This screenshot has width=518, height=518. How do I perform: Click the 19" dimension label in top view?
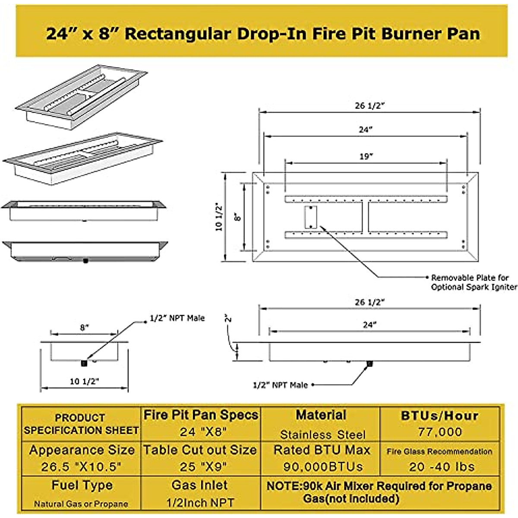366,157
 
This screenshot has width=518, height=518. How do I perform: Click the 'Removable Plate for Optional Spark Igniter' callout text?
474,282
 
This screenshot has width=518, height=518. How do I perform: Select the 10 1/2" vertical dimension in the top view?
220,217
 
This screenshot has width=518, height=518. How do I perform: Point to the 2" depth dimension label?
228,318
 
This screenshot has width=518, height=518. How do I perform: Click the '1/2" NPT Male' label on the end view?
177,319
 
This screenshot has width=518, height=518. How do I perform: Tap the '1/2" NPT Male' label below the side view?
280,385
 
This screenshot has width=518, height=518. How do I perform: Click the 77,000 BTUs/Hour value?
440,432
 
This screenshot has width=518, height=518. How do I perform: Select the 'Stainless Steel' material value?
322,434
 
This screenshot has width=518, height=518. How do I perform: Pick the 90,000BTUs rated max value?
323,467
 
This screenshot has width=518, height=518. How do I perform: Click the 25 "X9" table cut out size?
200,467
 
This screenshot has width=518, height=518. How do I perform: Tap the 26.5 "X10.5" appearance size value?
81,467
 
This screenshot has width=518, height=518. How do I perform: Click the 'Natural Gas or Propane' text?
81,504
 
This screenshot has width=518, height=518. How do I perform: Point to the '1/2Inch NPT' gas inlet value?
200,503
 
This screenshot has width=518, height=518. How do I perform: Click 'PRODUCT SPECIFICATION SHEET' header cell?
81,424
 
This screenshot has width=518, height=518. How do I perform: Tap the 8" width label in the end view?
84,327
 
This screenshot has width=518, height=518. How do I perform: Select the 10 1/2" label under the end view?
84,381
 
